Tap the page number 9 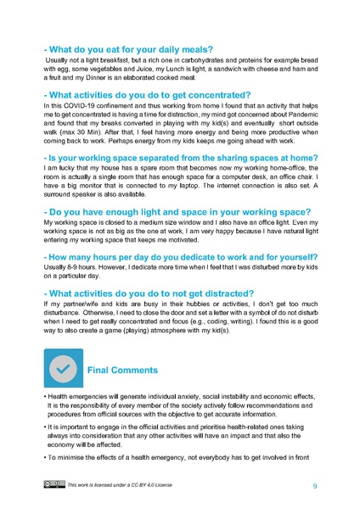pos(315,485)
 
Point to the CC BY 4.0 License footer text pos(125,485)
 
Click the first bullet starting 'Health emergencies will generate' pos(179,405)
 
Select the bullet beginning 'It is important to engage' pos(179,437)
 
